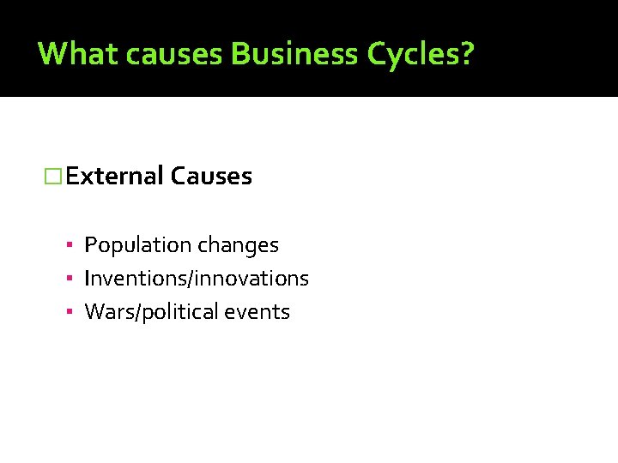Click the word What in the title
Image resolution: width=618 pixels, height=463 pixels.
[76, 54]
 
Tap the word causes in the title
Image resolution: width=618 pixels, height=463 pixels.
[173, 54]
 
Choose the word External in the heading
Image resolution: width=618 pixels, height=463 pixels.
[114, 177]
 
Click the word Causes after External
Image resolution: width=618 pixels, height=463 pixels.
[211, 177]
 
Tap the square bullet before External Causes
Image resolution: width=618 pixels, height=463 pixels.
[54, 177]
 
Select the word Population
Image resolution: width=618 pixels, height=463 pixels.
[138, 245]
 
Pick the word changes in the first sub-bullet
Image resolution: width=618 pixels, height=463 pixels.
[239, 245]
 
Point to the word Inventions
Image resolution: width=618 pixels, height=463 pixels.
[127, 279]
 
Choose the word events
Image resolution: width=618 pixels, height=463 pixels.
[257, 312]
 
